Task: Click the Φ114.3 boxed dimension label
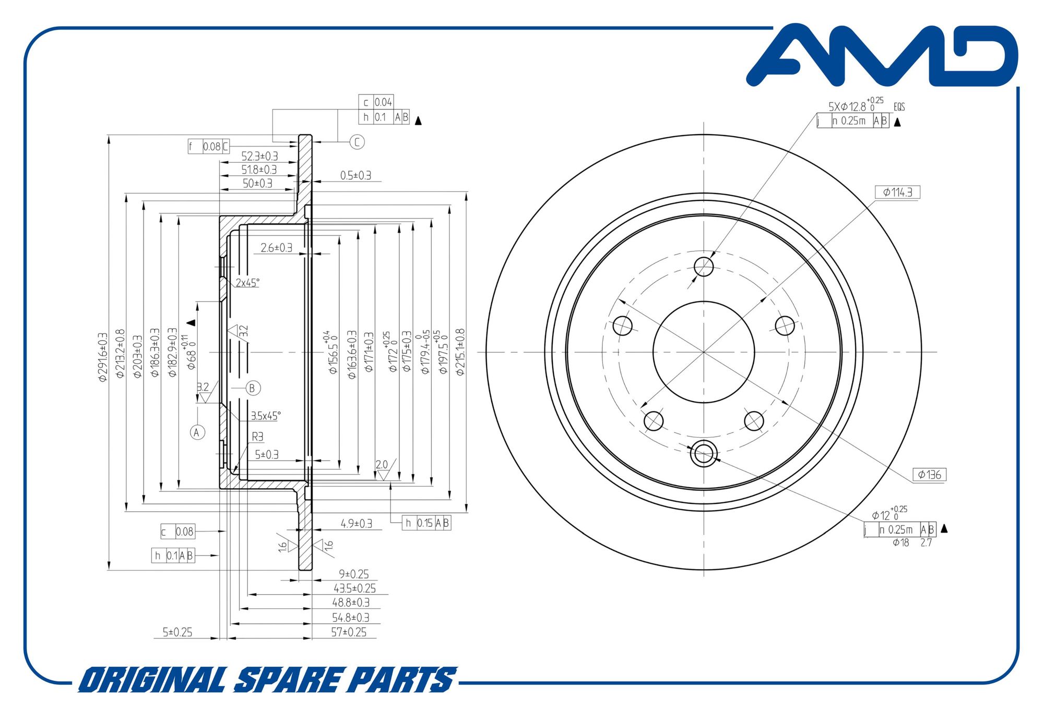coord(897,192)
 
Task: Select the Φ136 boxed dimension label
coord(929,475)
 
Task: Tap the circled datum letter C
coord(357,142)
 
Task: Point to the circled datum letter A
coord(197,432)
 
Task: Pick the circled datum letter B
coord(253,388)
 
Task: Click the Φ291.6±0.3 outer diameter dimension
coord(102,357)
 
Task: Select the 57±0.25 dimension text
coord(349,632)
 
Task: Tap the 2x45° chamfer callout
coord(247,283)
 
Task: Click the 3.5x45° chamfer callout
coord(265,416)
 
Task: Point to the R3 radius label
coord(257,437)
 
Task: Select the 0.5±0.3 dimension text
coord(355,176)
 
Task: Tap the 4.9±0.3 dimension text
coord(356,523)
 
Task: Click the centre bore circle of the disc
coord(704,353)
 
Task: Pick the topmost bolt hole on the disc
coord(704,267)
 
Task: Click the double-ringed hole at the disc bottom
coord(704,454)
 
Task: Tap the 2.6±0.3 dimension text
coord(276,248)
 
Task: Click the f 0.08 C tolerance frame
coord(208,147)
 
